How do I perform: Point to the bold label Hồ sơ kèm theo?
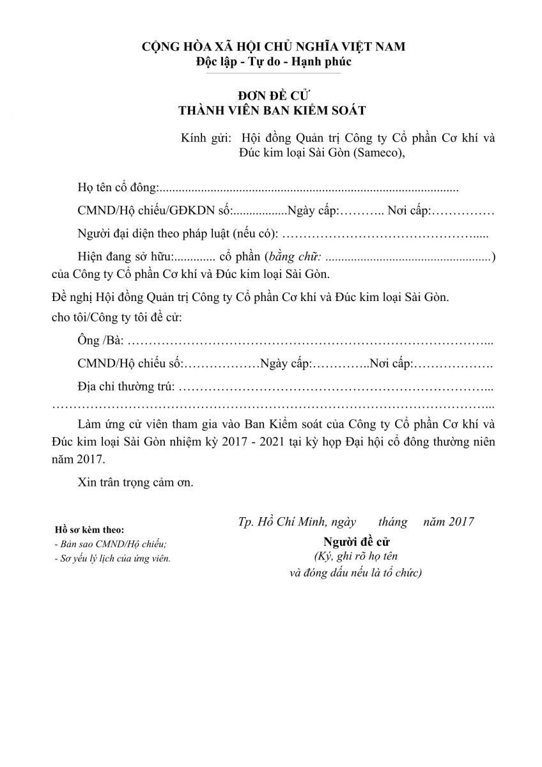[x=89, y=530]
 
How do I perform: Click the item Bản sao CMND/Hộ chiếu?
[x=111, y=544]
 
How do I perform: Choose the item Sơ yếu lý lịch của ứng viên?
[x=112, y=558]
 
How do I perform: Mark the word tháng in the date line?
[x=392, y=521]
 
